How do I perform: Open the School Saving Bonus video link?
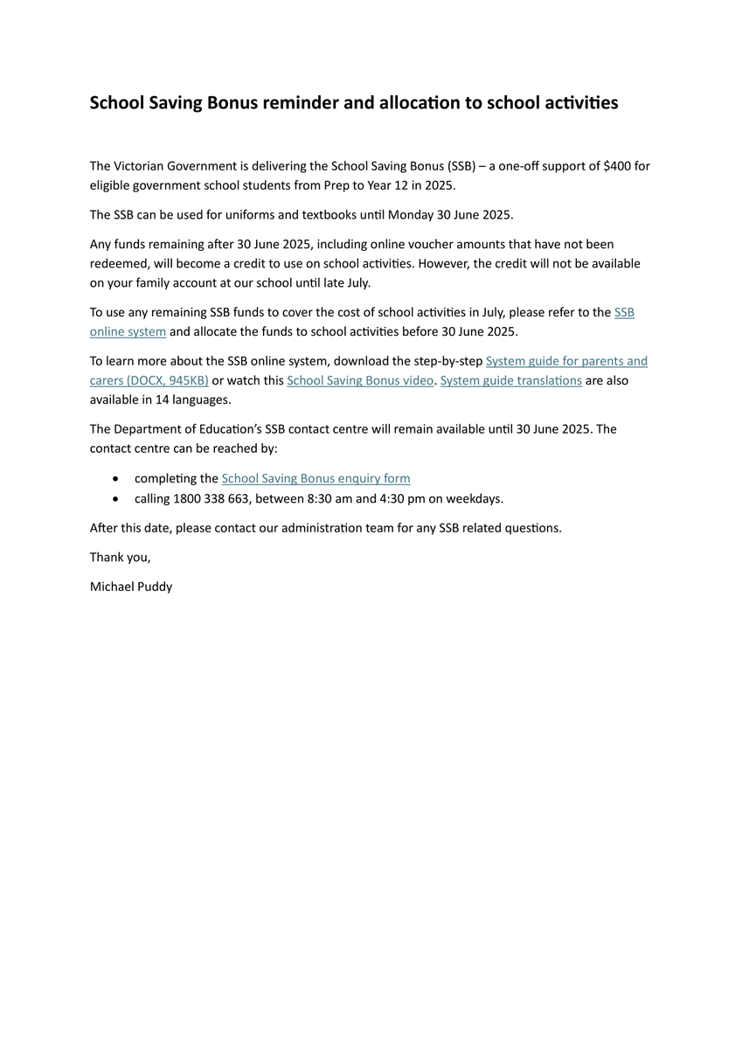point(360,380)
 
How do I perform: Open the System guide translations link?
point(511,380)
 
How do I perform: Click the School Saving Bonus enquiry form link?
point(316,478)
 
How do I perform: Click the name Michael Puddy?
point(131,587)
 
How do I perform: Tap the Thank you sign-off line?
point(121,558)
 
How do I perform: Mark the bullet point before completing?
point(117,479)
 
